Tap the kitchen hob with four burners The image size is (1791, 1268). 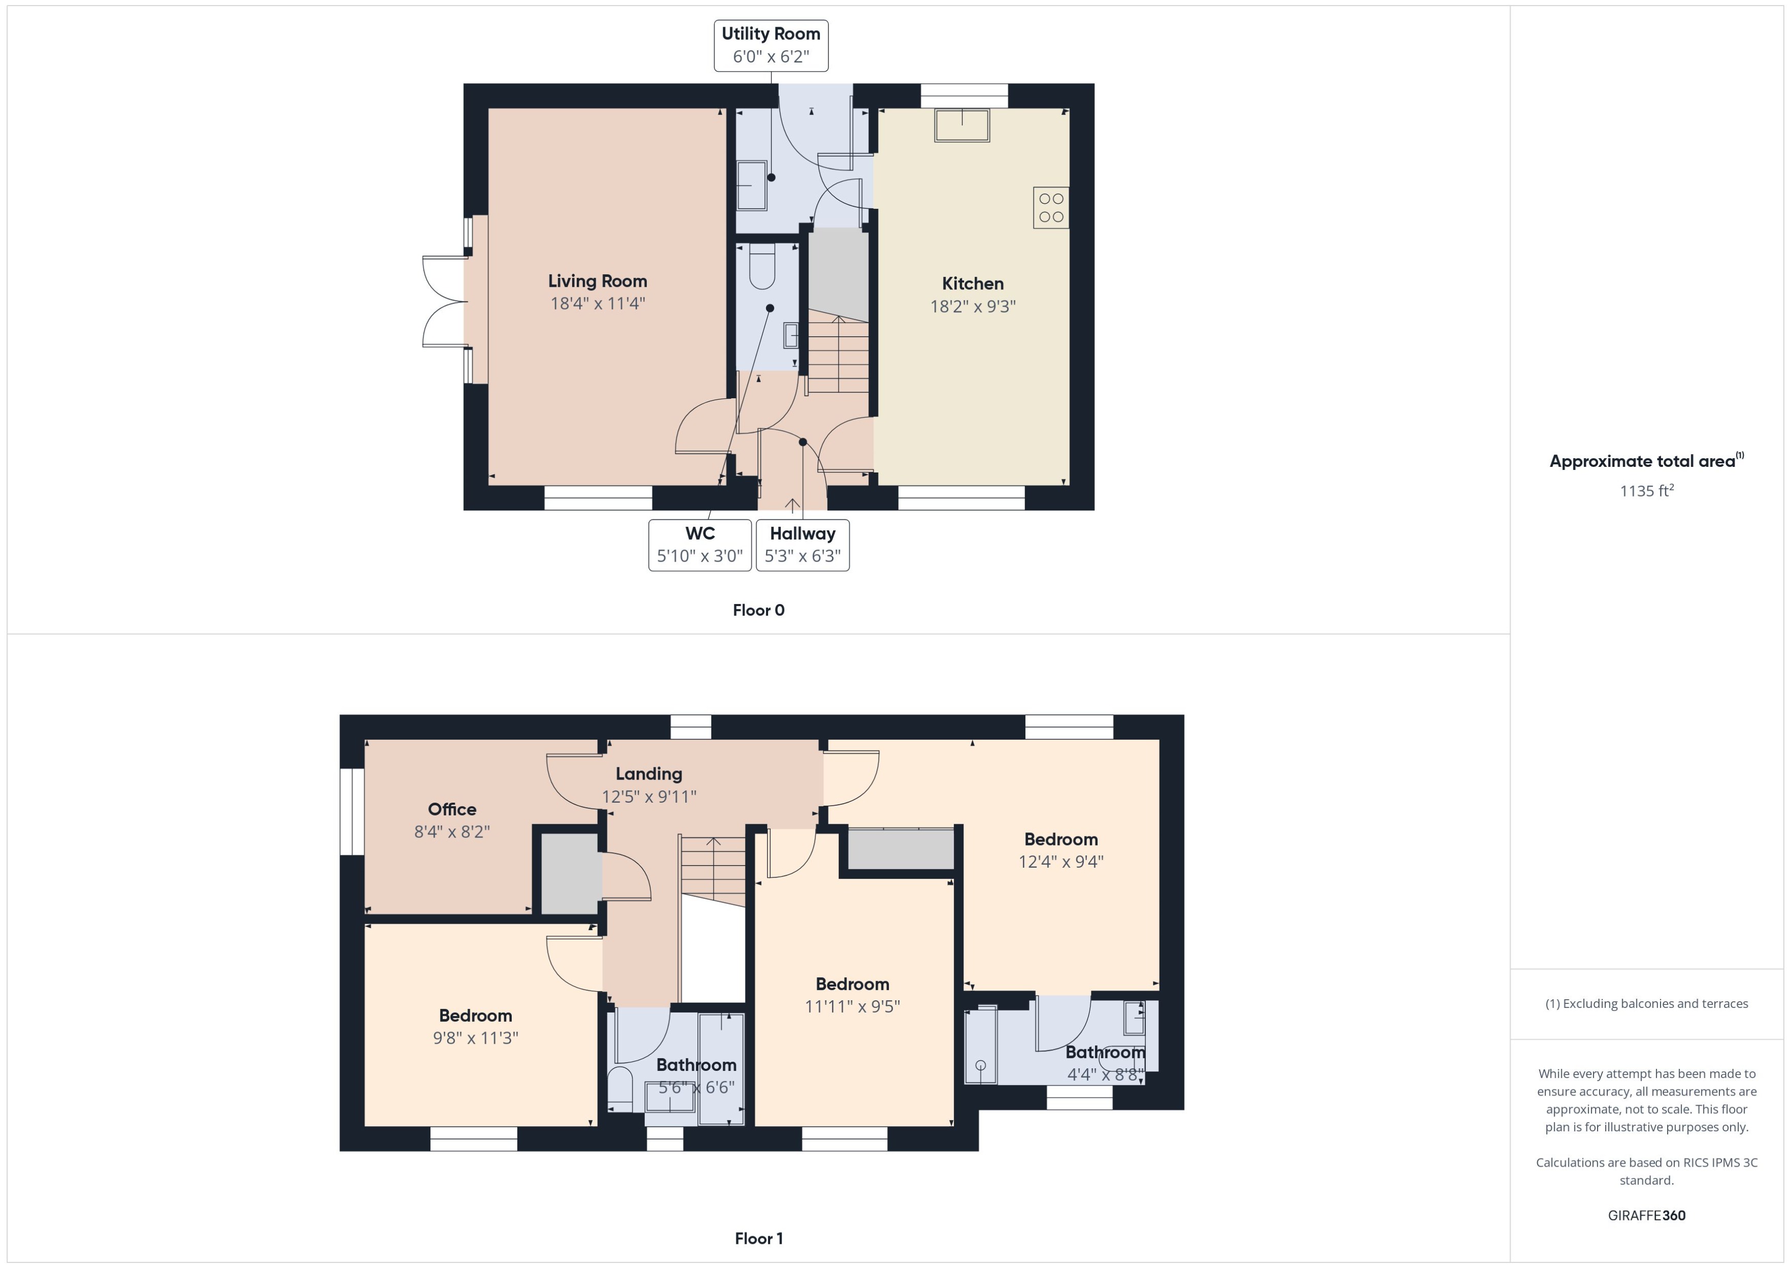[x=1051, y=208]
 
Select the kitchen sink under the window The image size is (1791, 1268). [x=962, y=126]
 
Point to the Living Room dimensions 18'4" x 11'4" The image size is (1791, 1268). [x=597, y=304]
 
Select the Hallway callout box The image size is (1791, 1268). [x=802, y=545]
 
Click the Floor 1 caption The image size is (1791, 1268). [x=758, y=1238]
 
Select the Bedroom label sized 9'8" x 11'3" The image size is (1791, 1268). [x=475, y=1016]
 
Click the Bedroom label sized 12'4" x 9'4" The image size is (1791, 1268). [x=1061, y=840]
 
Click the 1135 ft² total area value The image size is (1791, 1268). [x=1646, y=491]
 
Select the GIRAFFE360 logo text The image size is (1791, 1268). [x=1646, y=1216]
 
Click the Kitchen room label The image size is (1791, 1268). [x=972, y=284]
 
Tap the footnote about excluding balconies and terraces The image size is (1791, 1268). [x=1646, y=1004]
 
